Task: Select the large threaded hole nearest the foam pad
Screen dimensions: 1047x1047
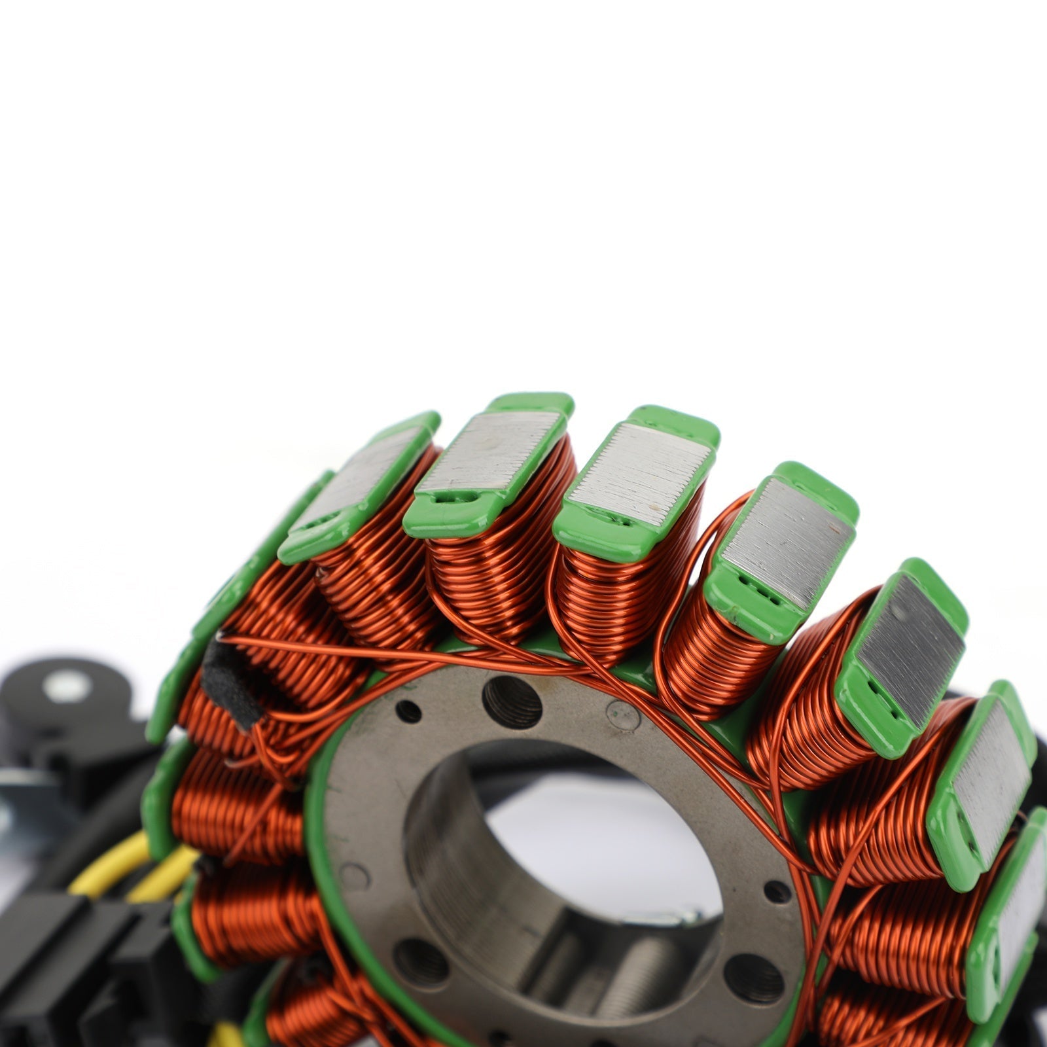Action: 512,702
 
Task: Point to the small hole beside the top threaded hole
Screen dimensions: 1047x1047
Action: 408,711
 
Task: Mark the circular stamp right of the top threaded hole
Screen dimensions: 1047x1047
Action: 622,715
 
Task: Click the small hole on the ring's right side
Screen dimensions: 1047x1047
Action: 777,891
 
